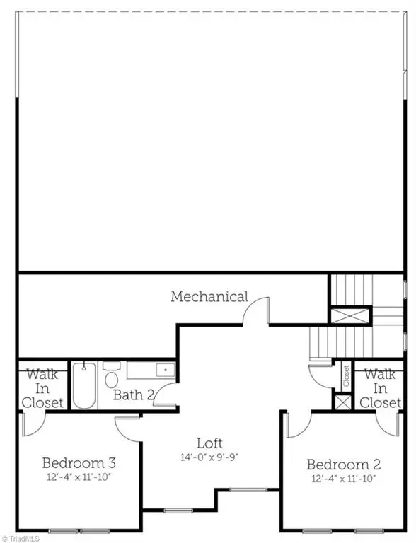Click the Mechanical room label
[x=209, y=296]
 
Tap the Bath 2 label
[x=134, y=395]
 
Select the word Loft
[x=209, y=443]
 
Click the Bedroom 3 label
[x=79, y=463]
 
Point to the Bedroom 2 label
[x=344, y=465]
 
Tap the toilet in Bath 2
[x=111, y=378]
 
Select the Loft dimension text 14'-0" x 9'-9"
[x=209, y=457]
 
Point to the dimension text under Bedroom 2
[x=344, y=478]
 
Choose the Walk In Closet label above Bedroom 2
[x=381, y=388]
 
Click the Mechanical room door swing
[x=258, y=311]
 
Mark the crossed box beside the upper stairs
[x=350, y=315]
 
